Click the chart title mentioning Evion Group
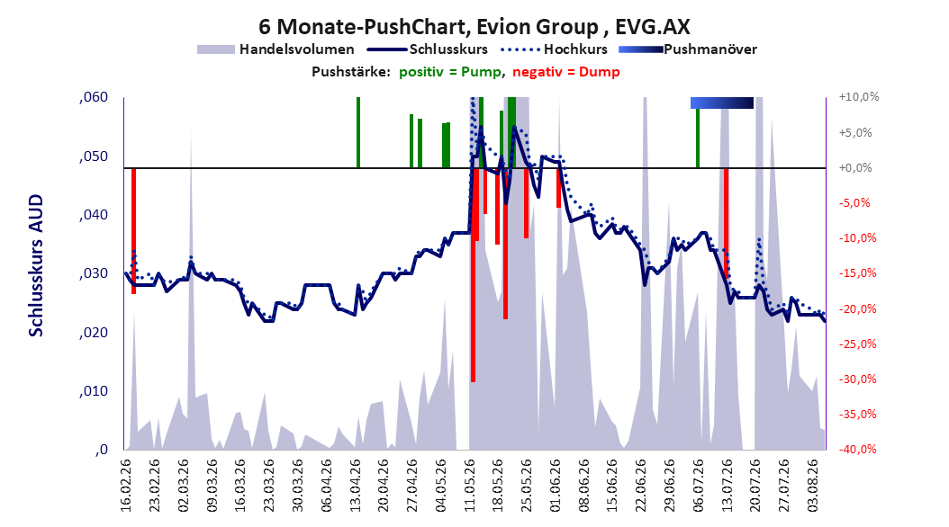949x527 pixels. (x=474, y=27)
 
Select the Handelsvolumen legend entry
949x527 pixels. (x=276, y=49)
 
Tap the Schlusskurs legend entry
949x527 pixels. (x=427, y=49)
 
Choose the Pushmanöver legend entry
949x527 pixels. (x=688, y=49)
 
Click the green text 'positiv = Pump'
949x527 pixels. (x=449, y=72)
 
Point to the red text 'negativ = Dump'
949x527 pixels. (x=566, y=72)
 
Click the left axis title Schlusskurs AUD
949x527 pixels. (x=36, y=265)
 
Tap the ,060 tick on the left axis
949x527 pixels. (x=94, y=97)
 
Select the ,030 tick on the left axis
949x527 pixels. (x=94, y=273)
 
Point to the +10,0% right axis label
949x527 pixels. (x=859, y=97)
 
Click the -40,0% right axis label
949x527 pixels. (x=857, y=449)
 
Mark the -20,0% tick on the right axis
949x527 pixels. (x=857, y=308)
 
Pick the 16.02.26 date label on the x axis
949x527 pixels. (x=126, y=486)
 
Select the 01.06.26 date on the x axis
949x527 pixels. (x=556, y=486)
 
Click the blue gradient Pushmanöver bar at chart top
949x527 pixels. (x=722, y=103)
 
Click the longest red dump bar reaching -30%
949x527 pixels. (x=474, y=275)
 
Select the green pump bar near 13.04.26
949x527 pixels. (x=358, y=132)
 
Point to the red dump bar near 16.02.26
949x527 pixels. (x=134, y=231)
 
